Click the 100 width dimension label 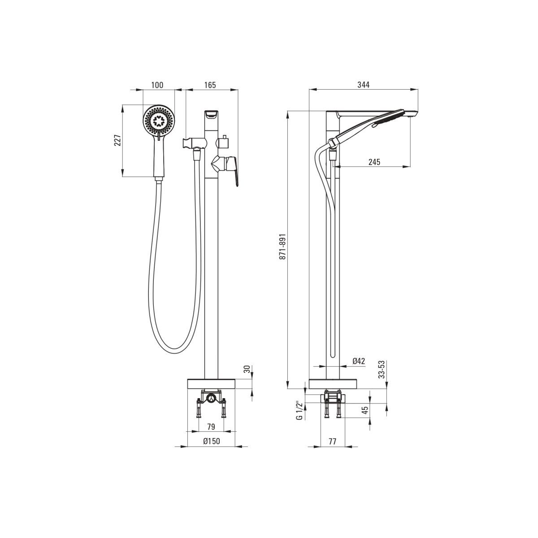(x=157, y=85)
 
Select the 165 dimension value (x=210, y=85)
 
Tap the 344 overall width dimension (x=364, y=85)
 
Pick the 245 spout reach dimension (x=374, y=162)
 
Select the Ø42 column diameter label (x=359, y=361)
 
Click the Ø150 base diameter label (x=212, y=441)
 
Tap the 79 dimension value (x=211, y=427)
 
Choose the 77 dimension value (x=332, y=442)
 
